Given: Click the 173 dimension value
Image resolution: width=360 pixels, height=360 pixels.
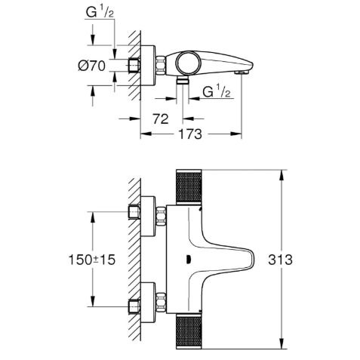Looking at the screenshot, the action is click(190, 134).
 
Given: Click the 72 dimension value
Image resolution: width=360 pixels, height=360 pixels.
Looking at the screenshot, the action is click(161, 118).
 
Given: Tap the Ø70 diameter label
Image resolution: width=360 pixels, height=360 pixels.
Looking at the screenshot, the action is click(91, 66).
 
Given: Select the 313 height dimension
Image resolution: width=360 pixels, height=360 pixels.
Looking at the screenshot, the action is click(280, 260).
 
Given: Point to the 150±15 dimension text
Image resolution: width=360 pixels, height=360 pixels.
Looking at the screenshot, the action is click(92, 260).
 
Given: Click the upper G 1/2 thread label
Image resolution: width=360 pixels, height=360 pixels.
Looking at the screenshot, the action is click(100, 12).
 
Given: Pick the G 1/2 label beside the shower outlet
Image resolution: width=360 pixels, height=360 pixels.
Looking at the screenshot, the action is click(217, 91).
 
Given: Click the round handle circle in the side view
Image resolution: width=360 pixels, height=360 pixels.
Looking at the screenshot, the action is click(187, 63).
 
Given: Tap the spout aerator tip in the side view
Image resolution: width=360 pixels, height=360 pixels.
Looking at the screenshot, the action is click(242, 72).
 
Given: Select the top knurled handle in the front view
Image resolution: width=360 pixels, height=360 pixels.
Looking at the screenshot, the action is click(189, 187).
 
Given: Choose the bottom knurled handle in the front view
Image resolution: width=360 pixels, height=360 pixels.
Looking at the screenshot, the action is click(189, 331).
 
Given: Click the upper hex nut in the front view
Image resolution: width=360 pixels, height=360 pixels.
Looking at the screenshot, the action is click(161, 216).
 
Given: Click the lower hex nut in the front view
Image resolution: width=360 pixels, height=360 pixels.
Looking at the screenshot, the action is click(161, 302).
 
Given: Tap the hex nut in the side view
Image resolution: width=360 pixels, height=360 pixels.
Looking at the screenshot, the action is click(161, 66).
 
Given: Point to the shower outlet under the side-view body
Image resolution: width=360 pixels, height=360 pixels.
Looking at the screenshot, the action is click(182, 81).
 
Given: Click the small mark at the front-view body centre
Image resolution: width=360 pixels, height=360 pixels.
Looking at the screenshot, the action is click(188, 260).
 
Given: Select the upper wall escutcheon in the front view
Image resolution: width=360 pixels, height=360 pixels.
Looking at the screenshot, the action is click(148, 217).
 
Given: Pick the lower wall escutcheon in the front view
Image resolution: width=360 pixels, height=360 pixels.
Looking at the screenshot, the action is click(148, 303).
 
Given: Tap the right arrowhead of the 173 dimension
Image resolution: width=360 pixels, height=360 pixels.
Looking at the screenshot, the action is click(236, 134).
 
